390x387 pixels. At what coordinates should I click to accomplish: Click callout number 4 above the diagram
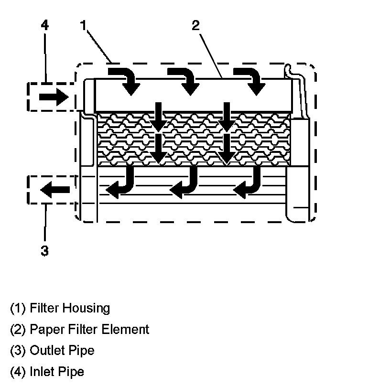pos(44,25)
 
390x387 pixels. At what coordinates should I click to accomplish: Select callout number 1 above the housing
pos(83,25)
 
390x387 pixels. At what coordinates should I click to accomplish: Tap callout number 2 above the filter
pos(195,25)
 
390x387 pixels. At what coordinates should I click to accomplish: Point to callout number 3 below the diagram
pos(44,251)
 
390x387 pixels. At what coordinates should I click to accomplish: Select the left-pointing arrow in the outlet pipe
pos(54,190)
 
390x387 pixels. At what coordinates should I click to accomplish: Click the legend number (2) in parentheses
pos(18,329)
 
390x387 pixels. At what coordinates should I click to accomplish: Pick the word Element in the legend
pos(129,329)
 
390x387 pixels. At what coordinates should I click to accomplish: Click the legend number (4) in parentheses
pos(18,371)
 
